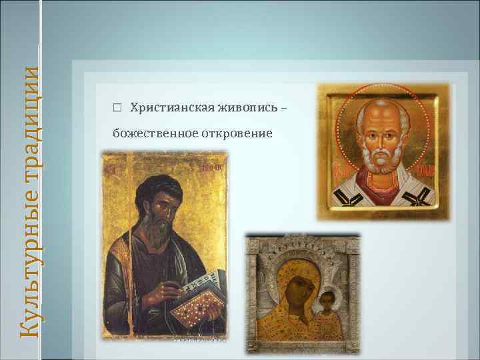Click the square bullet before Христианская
pyautogui.click(x=117, y=108)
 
